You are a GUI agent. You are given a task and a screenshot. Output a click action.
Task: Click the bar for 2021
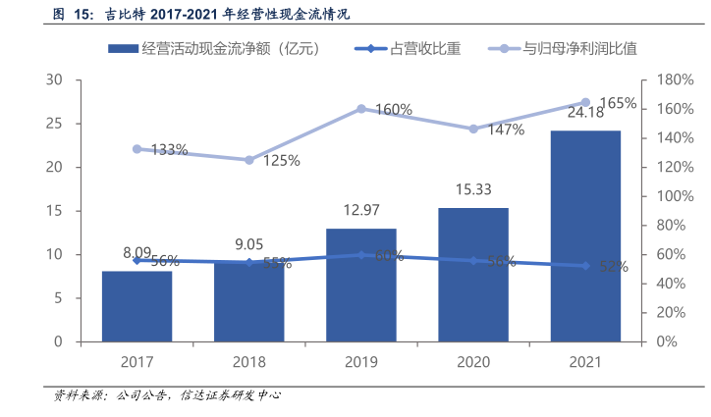[585, 235]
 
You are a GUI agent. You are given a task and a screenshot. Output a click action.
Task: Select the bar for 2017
[137, 306]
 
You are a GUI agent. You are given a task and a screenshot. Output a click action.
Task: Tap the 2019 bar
[361, 285]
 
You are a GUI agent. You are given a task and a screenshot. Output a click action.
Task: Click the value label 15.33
[473, 190]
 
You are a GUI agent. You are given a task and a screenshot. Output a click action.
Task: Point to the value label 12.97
[361, 210]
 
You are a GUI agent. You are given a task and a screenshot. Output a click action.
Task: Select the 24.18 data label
[585, 113]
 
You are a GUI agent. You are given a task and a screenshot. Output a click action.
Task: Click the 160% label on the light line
[393, 110]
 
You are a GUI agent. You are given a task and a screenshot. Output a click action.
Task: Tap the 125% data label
[281, 161]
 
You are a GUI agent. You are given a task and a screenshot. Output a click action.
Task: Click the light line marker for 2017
[137, 149]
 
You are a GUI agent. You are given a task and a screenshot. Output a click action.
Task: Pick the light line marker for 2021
[585, 102]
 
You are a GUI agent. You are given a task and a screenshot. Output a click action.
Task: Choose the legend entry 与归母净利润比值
[564, 48]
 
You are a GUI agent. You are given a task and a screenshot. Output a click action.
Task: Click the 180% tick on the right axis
[674, 80]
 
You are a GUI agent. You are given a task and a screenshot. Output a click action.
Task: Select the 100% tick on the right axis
[674, 196]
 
